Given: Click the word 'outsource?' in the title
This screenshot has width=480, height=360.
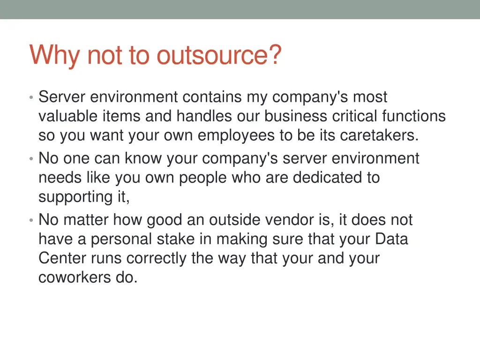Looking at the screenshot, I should pos(219,55).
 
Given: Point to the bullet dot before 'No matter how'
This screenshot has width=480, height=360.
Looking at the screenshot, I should pos(30,221).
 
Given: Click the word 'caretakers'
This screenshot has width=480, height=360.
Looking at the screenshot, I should pos(378,135).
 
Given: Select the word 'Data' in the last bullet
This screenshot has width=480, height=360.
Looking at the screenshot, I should pos(391,239).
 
